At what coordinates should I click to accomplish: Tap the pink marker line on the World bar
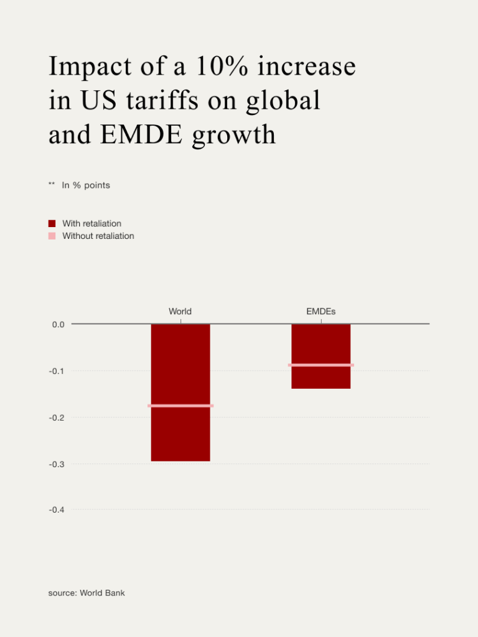[180, 406]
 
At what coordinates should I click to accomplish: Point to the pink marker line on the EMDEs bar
[321, 365]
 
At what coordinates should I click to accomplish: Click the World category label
[180, 311]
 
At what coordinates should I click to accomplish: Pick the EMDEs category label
[321, 311]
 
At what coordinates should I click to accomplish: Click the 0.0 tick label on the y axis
[58, 324]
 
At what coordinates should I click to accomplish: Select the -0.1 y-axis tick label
[57, 371]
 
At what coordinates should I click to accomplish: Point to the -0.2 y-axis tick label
[57, 417]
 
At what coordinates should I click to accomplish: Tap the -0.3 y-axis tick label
[57, 464]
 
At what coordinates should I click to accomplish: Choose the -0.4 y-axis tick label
[57, 510]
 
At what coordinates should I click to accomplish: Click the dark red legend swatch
[52, 223]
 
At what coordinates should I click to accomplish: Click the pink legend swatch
[52, 236]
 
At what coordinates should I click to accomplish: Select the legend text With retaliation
[91, 223]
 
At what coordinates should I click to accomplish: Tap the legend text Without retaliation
[98, 236]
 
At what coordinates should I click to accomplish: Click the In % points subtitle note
[86, 185]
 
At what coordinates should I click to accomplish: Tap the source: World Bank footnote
[87, 593]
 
